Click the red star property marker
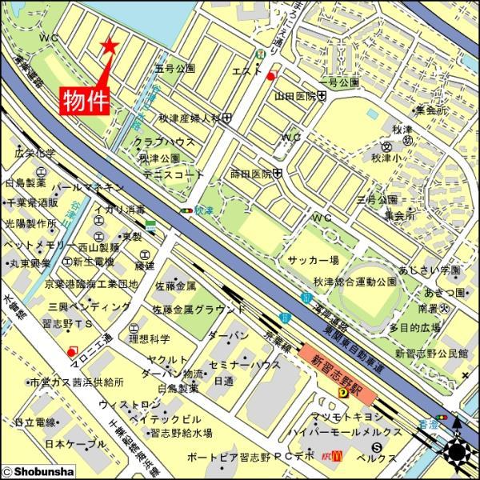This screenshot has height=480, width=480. tap(110, 47)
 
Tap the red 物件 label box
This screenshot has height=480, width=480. tap(86, 101)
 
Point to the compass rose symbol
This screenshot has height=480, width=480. tap(458, 453)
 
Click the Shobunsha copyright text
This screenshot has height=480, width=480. tap(35, 473)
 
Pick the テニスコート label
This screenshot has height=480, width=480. tap(169, 173)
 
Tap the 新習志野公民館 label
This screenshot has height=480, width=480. tap(431, 353)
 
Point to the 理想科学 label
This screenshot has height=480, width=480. tap(150, 338)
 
